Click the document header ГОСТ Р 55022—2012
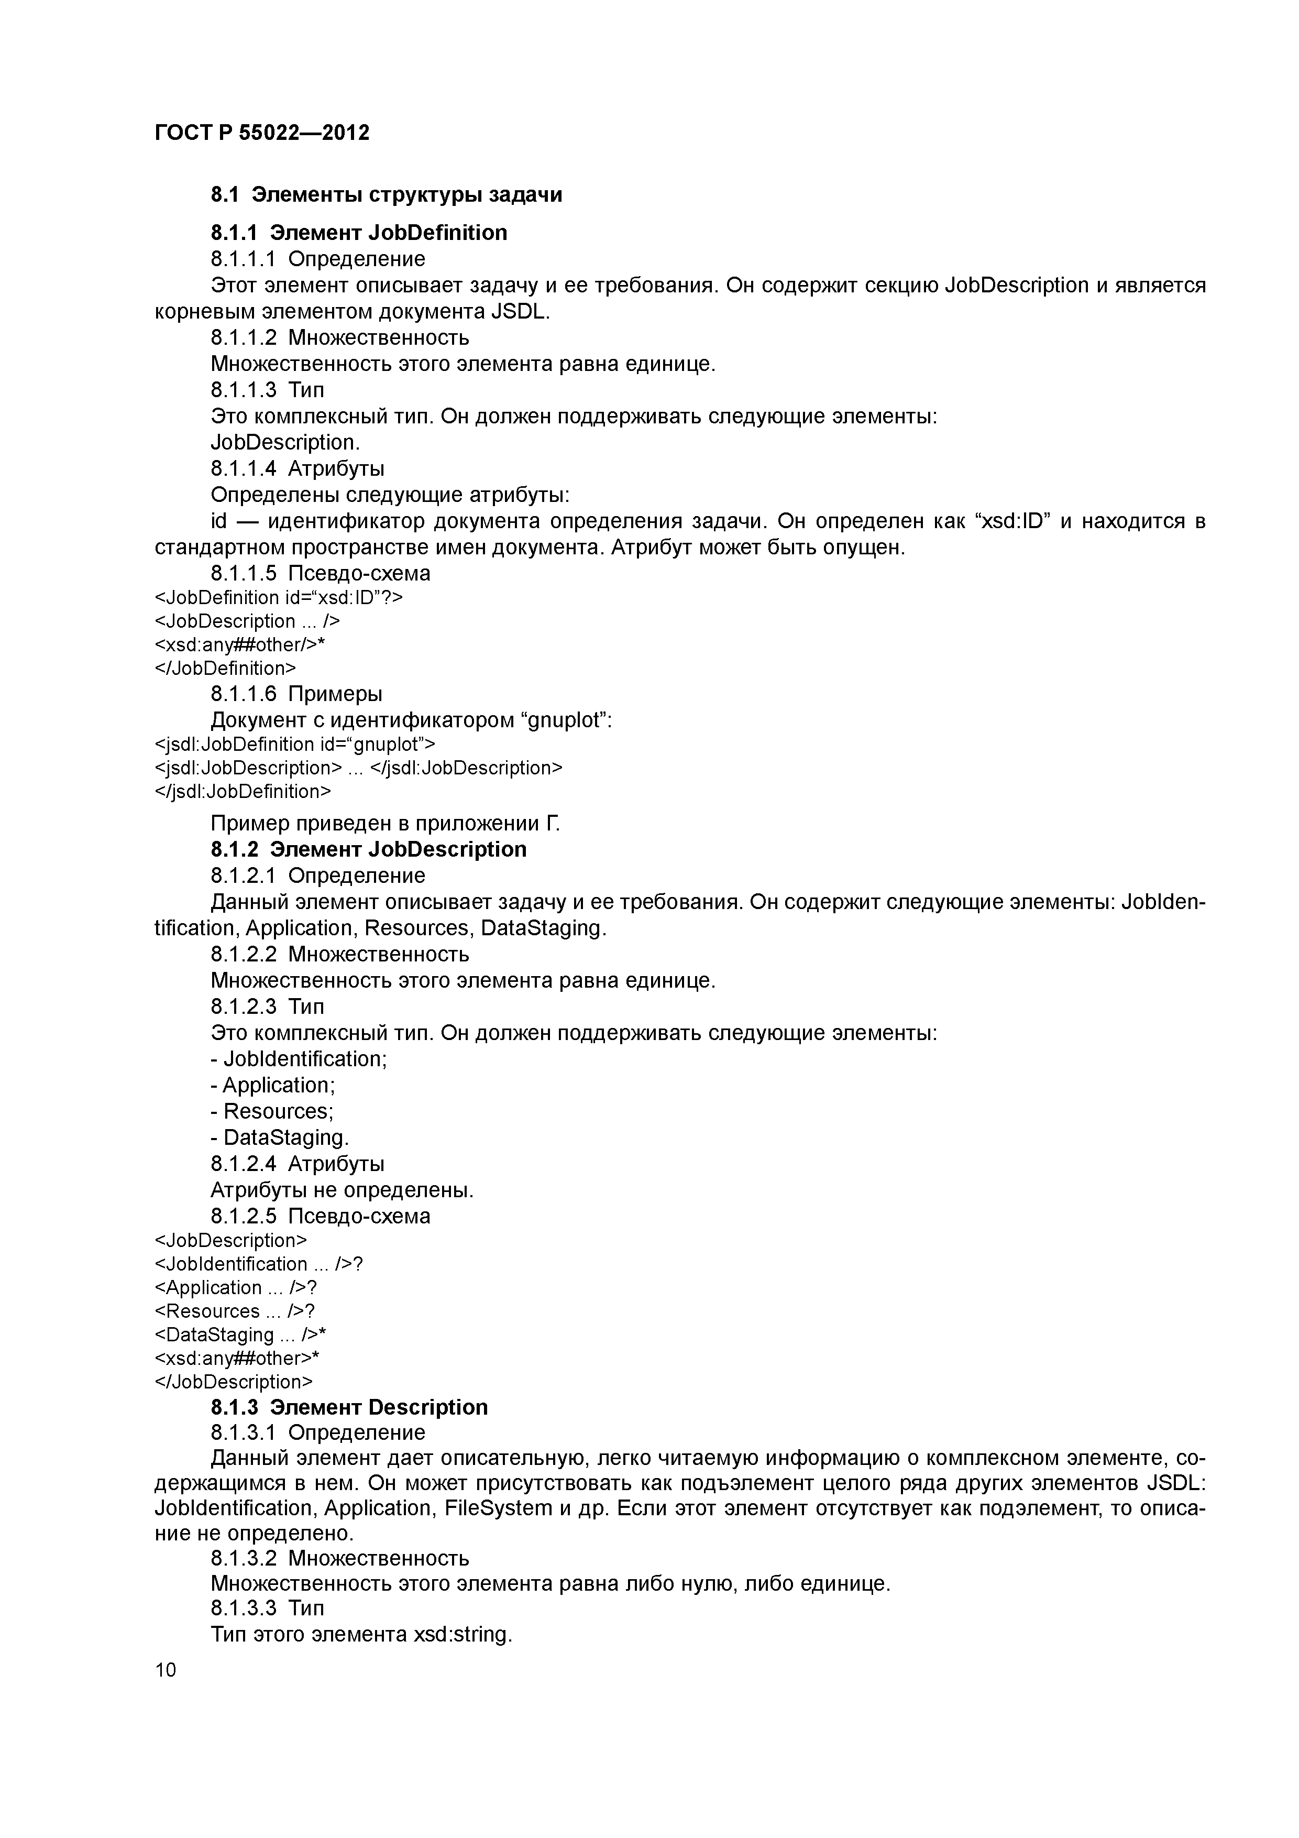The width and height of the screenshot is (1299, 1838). coord(262,133)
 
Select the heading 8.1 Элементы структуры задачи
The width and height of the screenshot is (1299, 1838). coord(386,194)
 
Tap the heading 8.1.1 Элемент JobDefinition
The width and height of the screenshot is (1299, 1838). coord(359,233)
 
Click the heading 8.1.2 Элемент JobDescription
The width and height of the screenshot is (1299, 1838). coord(368,849)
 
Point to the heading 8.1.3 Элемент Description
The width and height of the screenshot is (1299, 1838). coord(349,1407)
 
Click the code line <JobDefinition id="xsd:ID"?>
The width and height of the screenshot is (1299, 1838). coord(279,598)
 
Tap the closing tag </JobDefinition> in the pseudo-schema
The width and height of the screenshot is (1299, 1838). coord(225,669)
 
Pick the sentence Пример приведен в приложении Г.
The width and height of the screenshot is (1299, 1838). coord(385,824)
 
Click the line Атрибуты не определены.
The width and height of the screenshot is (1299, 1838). coord(342,1190)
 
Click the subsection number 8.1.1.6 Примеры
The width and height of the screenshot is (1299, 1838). coord(296,694)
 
